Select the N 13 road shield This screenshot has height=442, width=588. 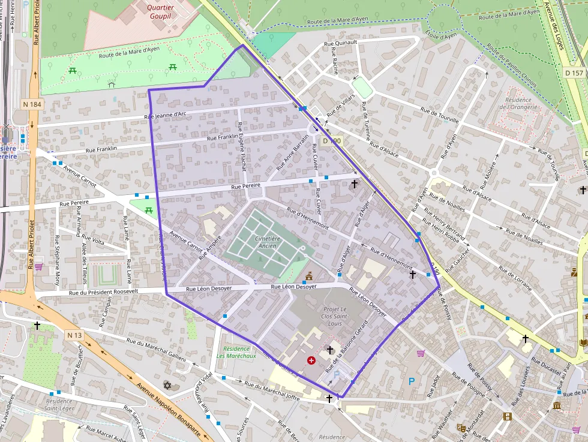point(74,335)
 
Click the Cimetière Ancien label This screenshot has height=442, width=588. point(267,242)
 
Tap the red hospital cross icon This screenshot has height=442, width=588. point(311,360)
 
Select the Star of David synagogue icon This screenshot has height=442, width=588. point(167,384)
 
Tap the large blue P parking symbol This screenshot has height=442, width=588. point(412,381)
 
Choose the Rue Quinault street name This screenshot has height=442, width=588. point(340,43)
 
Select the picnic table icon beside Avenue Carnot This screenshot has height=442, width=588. point(148,210)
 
